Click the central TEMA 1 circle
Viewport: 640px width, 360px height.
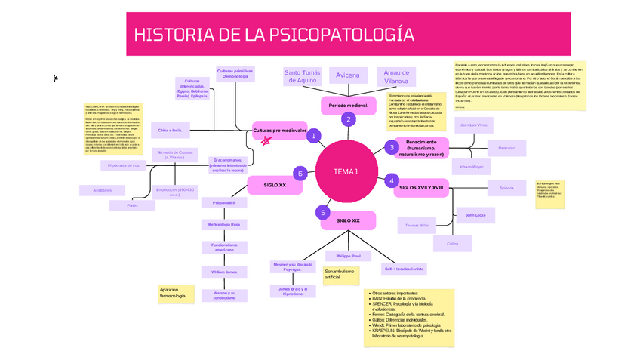pos(346,172)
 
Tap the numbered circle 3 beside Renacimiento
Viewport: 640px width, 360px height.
pos(392,147)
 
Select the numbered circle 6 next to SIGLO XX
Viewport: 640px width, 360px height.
pos(300,174)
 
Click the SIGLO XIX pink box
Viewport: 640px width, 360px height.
pos(348,220)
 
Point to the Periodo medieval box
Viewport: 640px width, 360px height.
pos(348,105)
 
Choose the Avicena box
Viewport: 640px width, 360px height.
pos(348,75)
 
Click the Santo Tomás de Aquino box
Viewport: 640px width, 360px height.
pos(302,76)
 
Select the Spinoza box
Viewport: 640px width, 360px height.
pos(506,187)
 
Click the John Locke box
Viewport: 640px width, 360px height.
pos(475,216)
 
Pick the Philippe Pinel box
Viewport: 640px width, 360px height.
pos(349,257)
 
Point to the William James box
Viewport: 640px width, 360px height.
pos(224,271)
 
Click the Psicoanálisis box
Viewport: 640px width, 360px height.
pos(224,202)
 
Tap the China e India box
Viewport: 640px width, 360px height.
pos(170,130)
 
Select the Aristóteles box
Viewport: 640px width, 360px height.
pos(103,190)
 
